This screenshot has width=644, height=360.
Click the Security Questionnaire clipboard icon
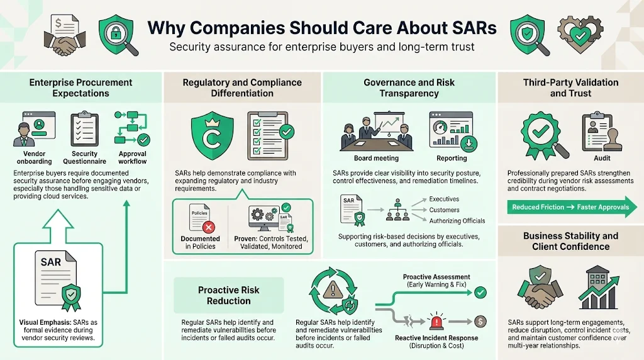point(84,130)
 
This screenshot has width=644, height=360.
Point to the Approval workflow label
point(133,157)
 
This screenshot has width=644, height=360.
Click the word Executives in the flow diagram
point(444,199)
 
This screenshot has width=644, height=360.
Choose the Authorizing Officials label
point(457,221)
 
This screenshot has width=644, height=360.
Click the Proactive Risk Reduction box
point(228,295)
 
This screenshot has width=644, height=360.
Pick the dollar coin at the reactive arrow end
point(480,321)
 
